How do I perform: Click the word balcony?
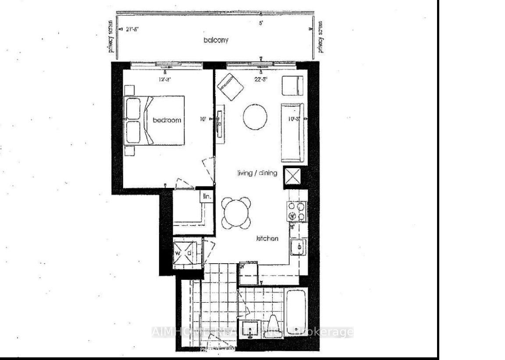[x=215, y=40]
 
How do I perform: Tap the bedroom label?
[x=167, y=120]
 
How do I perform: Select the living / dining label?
[x=258, y=173]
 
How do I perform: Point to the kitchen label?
[x=267, y=239]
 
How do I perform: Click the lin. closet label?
[x=206, y=197]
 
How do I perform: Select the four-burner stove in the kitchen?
[x=296, y=211]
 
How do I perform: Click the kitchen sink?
[x=299, y=247]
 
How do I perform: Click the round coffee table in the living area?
[x=255, y=116]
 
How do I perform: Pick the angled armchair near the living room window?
[x=230, y=86]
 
